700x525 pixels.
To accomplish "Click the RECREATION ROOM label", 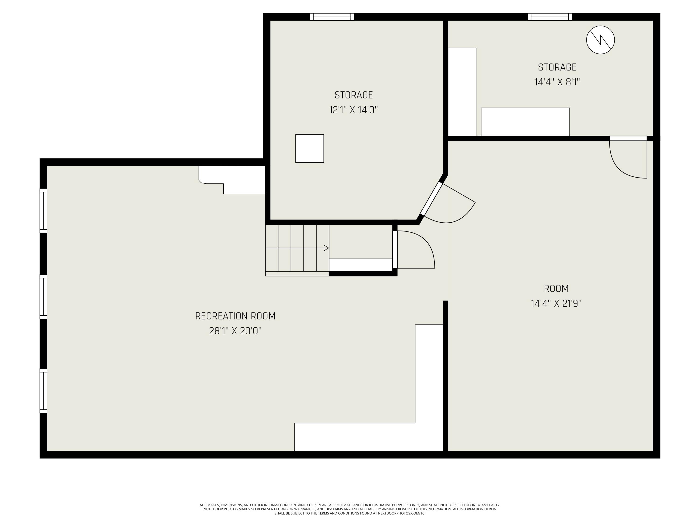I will coord(235,316).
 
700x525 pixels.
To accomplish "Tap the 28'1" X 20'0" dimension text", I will coord(235,331).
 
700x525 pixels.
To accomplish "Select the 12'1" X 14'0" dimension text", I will coord(353,110).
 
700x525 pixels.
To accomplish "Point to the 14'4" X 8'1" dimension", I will coord(557,82).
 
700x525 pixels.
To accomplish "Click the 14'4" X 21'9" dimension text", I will coord(556,304).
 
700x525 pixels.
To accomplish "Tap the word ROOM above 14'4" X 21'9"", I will coord(556,289).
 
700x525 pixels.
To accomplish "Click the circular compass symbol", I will coord(600,40).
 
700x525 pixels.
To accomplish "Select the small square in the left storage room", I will coord(309,148).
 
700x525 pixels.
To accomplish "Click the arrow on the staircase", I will coord(326,248).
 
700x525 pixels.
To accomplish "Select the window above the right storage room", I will coord(550,17).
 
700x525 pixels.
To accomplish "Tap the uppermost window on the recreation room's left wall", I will coord(43,210).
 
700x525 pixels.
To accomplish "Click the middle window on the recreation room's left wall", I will coord(43,297).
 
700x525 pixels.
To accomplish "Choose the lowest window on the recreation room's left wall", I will coord(43,391).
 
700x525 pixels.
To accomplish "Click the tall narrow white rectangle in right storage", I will coord(462,92).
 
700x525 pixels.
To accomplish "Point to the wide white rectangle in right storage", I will coord(525,122).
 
